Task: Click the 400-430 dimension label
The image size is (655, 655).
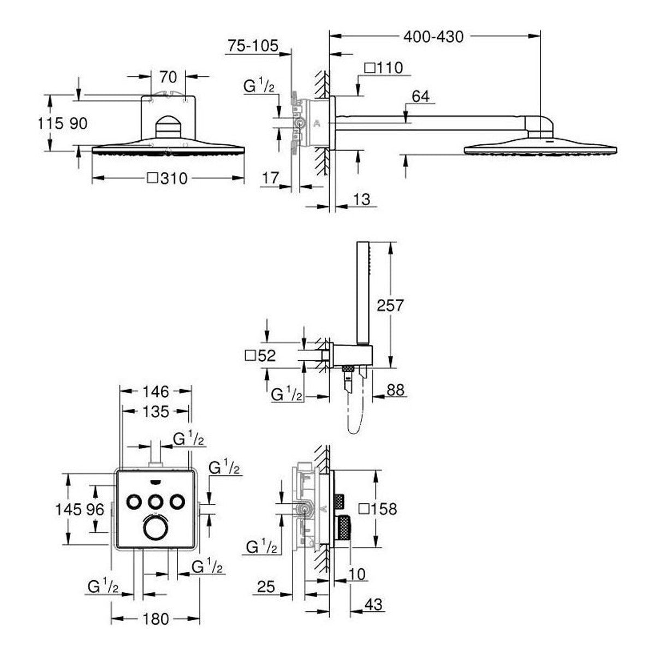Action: (x=433, y=37)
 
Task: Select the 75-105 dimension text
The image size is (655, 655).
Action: (x=253, y=45)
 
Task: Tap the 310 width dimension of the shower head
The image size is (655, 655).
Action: (x=168, y=178)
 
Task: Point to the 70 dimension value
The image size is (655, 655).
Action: (x=168, y=77)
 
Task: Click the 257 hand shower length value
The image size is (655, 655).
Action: (x=390, y=305)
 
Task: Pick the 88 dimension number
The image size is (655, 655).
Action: (x=395, y=390)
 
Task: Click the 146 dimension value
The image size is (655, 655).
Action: (x=156, y=392)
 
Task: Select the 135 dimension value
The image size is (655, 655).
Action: (x=156, y=412)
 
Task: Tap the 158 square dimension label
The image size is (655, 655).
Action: (x=378, y=509)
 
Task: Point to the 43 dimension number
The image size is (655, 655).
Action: (x=373, y=605)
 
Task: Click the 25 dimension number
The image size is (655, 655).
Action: (x=266, y=587)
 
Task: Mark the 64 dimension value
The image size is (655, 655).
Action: (x=420, y=97)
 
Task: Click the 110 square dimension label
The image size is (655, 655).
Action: (x=384, y=68)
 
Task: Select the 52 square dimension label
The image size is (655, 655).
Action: (x=260, y=356)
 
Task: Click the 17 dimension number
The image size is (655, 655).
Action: (x=270, y=178)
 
